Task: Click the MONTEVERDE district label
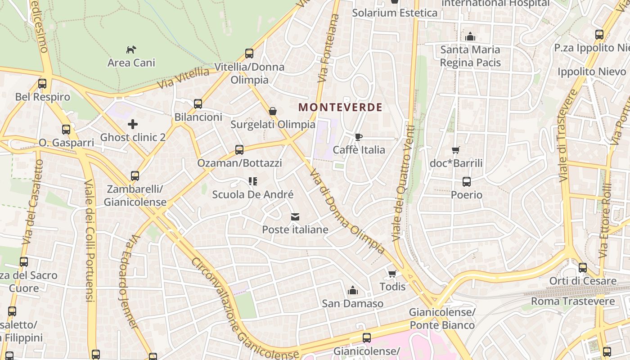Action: (x=340, y=107)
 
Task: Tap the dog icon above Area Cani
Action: (x=131, y=49)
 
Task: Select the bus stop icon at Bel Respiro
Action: (x=42, y=83)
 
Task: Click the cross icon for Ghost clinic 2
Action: (x=133, y=124)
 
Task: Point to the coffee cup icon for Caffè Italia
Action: (x=359, y=137)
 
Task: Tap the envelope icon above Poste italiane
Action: (x=295, y=217)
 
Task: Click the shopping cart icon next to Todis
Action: (x=392, y=274)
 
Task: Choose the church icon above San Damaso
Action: (x=353, y=290)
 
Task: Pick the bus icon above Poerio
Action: (x=467, y=182)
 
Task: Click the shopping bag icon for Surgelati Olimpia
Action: (x=273, y=111)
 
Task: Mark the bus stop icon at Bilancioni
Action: (x=198, y=104)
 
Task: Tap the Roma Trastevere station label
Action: (x=572, y=301)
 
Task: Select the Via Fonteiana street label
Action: (x=328, y=48)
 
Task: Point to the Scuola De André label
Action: (x=252, y=194)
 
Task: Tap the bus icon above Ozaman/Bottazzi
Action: (x=239, y=150)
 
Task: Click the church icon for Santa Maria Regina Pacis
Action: (x=470, y=36)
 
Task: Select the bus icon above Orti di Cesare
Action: (x=583, y=268)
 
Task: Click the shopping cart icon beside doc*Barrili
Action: (x=456, y=150)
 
